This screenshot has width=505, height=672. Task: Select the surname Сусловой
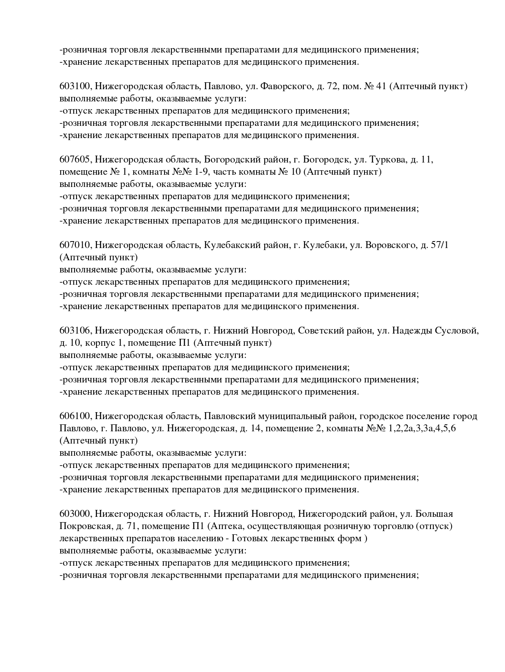(457, 331)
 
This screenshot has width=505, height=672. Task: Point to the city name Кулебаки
(324, 245)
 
